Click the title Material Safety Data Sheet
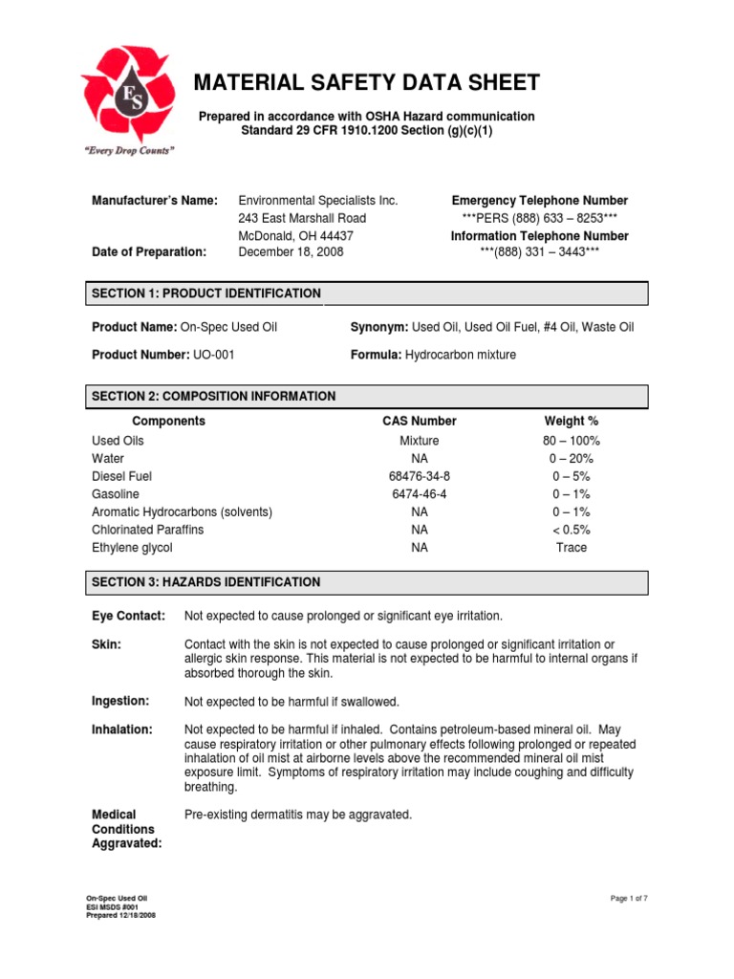(368, 83)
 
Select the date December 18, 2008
(291, 251)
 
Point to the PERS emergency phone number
(539, 218)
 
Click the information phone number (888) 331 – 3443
(539, 251)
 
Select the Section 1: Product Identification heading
(206, 293)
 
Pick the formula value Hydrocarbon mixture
(460, 355)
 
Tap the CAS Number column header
(419, 421)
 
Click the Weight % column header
(571, 421)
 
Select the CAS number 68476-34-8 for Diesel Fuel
(419, 476)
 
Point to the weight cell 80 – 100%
(571, 441)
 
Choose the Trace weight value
(571, 548)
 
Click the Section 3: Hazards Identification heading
(206, 582)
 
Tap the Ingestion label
(120, 701)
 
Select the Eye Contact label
(128, 615)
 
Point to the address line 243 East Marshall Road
(301, 218)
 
